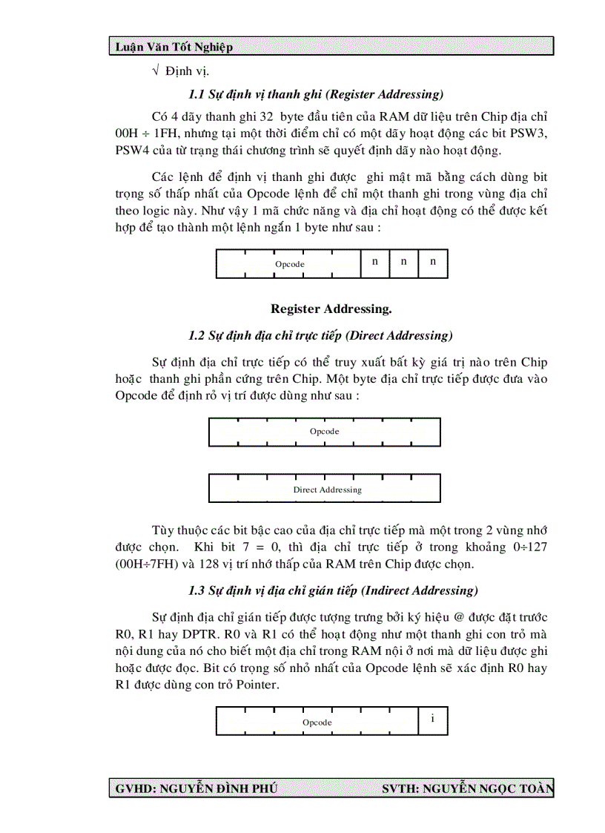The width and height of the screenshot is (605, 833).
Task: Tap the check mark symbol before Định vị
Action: pos(156,71)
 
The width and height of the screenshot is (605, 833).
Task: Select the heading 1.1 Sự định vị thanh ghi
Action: pos(316,94)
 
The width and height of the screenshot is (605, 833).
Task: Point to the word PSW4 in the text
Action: pos(132,151)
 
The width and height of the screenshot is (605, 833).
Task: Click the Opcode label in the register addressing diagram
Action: pos(289,264)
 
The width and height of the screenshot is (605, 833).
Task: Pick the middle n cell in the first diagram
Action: pos(404,262)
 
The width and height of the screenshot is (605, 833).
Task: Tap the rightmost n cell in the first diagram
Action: pos(433,262)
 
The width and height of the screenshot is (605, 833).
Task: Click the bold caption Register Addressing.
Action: pos(331,309)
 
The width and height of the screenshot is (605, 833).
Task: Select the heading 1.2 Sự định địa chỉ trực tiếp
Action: pos(320,335)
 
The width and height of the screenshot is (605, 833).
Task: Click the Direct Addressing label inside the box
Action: pos(327,490)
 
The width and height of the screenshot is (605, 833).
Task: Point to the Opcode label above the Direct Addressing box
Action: pos(324,432)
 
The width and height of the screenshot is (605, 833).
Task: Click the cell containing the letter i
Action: pos(432,719)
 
